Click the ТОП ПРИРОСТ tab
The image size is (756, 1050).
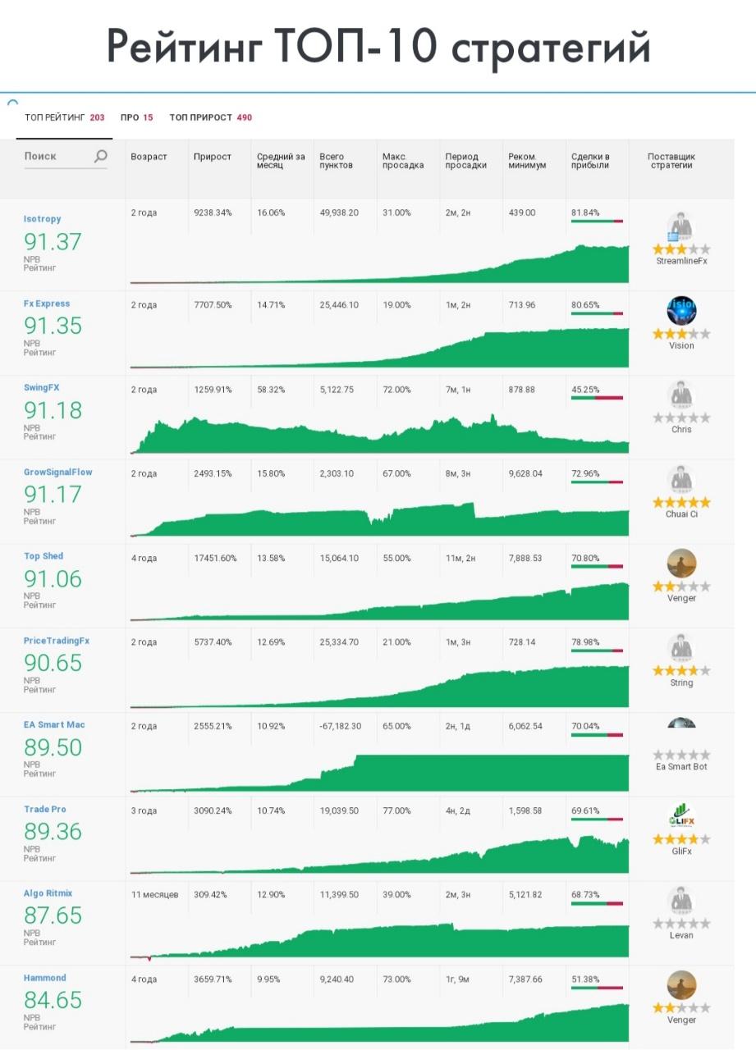pyautogui.click(x=210, y=117)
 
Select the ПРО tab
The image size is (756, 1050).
pyautogui.click(x=136, y=117)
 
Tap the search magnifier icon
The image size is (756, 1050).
pyautogui.click(x=101, y=156)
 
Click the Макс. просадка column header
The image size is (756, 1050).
pyautogui.click(x=402, y=161)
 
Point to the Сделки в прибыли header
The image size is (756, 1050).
pyautogui.click(x=590, y=161)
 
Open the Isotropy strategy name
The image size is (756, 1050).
pyautogui.click(x=42, y=219)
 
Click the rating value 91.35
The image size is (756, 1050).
pyautogui.click(x=53, y=326)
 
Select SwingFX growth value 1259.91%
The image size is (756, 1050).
pyautogui.click(x=213, y=390)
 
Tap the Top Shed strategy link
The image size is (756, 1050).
pyautogui.click(x=44, y=556)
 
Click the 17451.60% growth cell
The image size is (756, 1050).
pyautogui.click(x=215, y=559)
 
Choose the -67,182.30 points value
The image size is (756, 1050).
pyautogui.click(x=341, y=727)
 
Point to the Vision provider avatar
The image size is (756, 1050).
pyautogui.click(x=681, y=310)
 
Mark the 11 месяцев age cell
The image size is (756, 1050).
pyautogui.click(x=154, y=894)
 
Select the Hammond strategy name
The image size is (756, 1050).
pyautogui.click(x=44, y=978)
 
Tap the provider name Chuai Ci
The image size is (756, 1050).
pyautogui.click(x=681, y=514)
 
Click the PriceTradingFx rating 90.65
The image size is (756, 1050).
pyautogui.click(x=53, y=663)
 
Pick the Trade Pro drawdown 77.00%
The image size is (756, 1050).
pyautogui.click(x=396, y=810)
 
